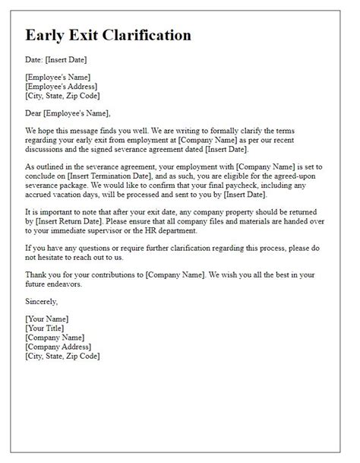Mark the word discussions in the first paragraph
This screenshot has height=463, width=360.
[x=51, y=152]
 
